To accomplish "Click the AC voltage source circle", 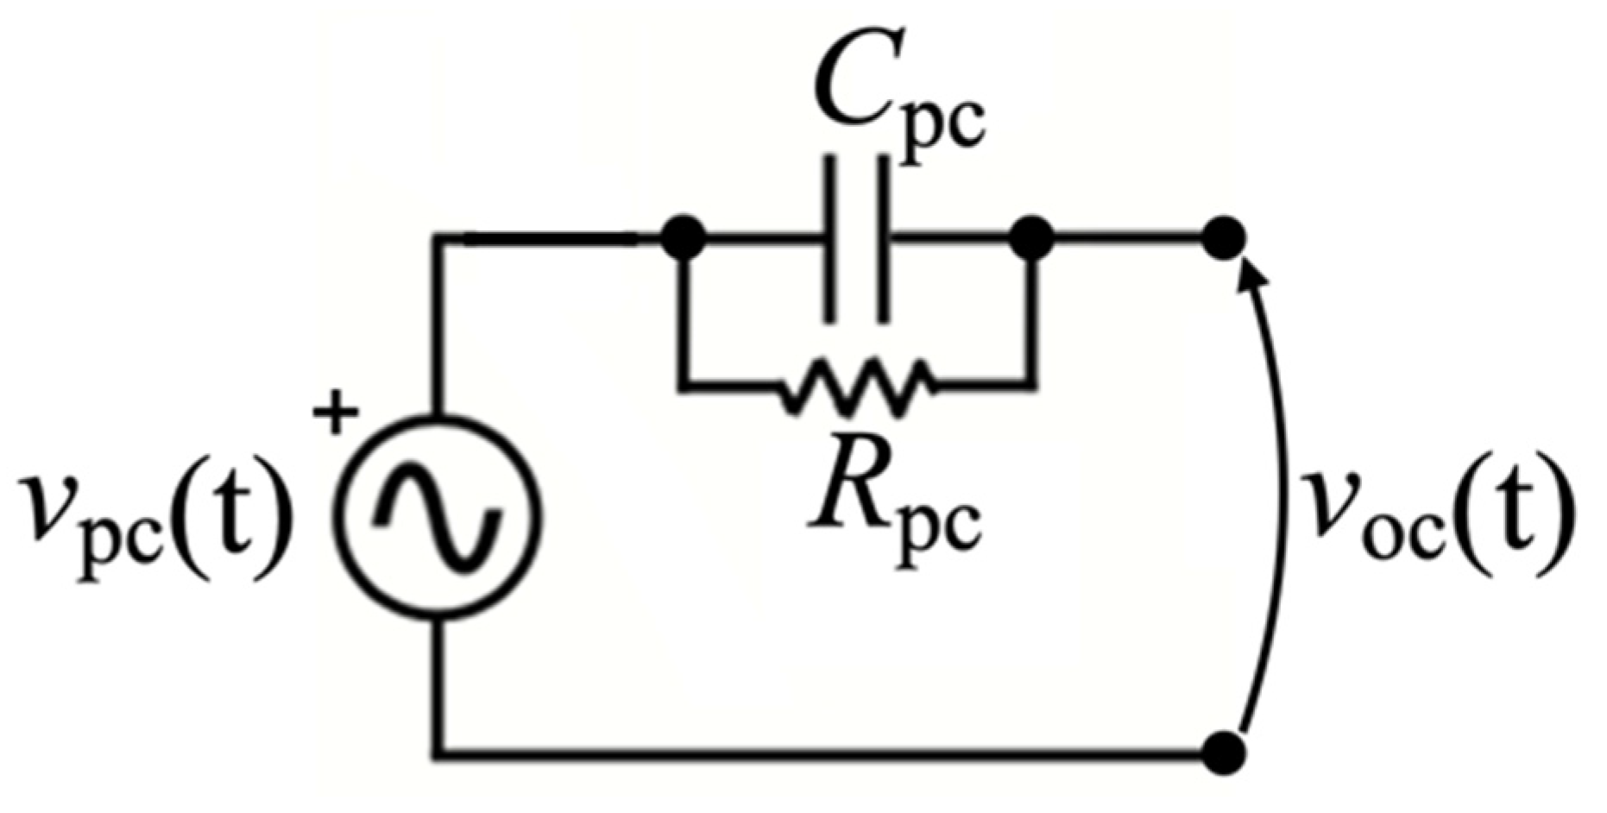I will pyautogui.click(x=439, y=517).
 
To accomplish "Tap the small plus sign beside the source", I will pyautogui.click(x=335, y=414).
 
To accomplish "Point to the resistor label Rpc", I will pyautogui.click(x=894, y=493).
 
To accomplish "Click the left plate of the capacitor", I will pyautogui.click(x=829, y=239).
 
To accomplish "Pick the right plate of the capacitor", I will pyautogui.click(x=881, y=239).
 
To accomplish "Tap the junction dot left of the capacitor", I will pyautogui.click(x=684, y=236).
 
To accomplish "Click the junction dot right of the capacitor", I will pyautogui.click(x=1032, y=236).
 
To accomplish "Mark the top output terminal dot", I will pyautogui.click(x=1224, y=236).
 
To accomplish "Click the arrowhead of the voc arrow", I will pyautogui.click(x=1250, y=274).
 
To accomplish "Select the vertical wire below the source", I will pyautogui.click(x=439, y=686).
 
